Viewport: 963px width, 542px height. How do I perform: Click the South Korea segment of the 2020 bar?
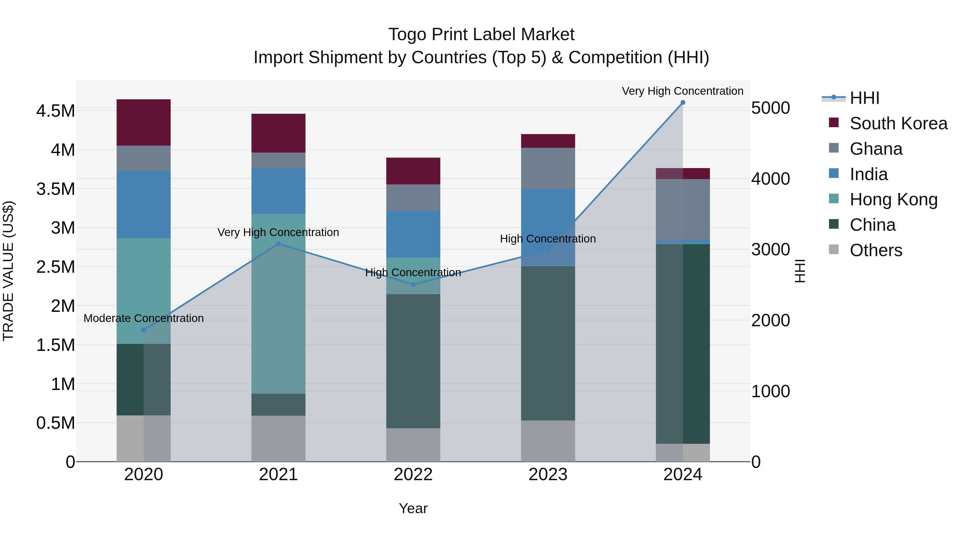144,122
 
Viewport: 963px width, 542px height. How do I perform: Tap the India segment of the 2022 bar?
413,234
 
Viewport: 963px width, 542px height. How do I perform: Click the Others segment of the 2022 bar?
413,445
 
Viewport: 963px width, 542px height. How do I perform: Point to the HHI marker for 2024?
683,103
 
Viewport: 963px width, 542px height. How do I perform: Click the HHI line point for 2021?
278,244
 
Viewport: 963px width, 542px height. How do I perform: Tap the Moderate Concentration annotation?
144,318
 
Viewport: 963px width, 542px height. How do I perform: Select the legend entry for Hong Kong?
893,199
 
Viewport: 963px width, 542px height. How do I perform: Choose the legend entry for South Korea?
898,123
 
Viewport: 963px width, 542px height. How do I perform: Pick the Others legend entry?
876,250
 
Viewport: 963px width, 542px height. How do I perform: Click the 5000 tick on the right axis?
770,108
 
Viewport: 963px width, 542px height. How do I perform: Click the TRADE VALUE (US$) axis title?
9,271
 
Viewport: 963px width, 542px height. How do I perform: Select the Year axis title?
413,508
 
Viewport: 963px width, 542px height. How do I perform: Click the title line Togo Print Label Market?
481,35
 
